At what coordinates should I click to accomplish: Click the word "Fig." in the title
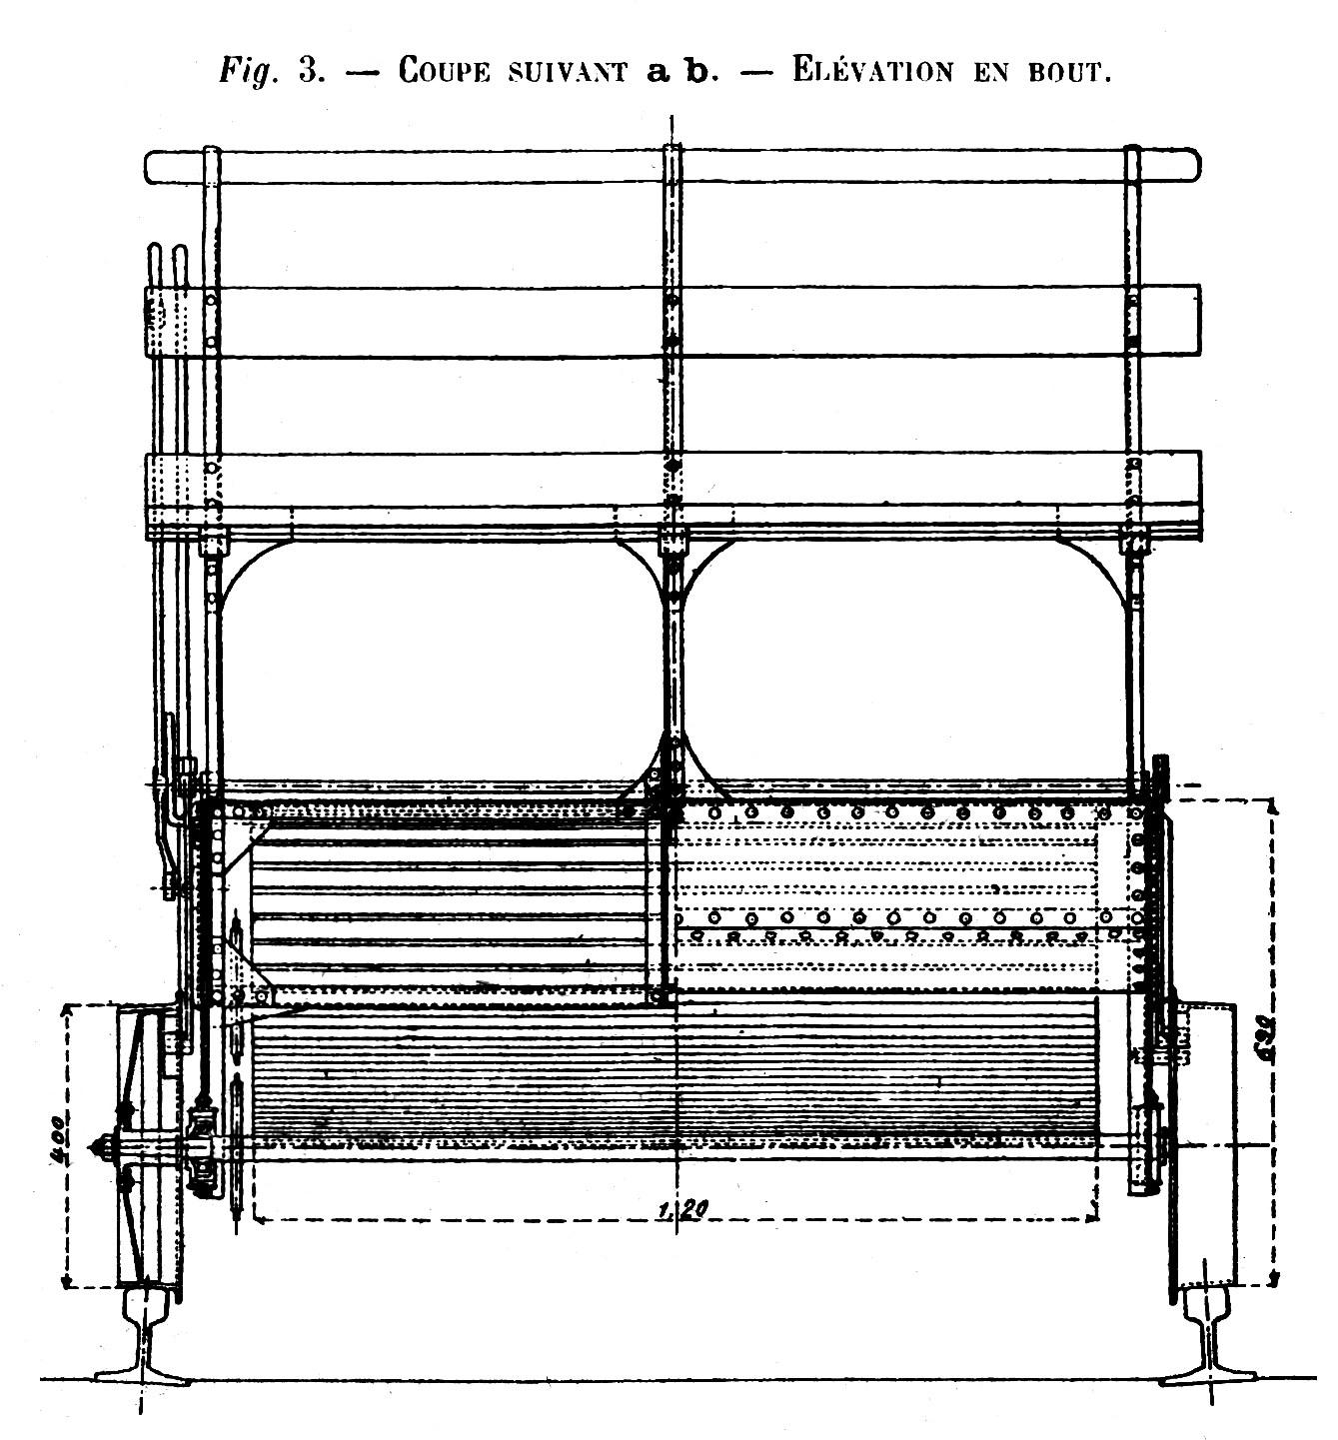point(248,71)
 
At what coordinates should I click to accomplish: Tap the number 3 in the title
point(308,70)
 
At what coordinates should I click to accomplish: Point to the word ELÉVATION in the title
point(872,71)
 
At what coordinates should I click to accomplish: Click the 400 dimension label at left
point(59,1138)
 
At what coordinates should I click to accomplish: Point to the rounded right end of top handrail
point(1189,166)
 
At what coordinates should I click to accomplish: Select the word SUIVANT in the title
point(569,72)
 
